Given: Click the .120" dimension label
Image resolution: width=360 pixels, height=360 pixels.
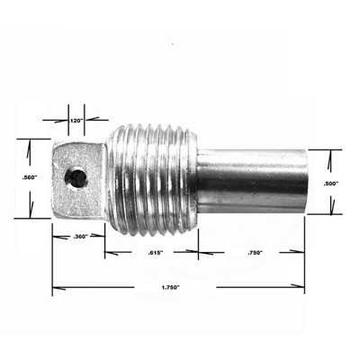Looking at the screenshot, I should point(76,120).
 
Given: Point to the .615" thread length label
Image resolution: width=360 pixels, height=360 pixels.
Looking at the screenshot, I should point(154,254).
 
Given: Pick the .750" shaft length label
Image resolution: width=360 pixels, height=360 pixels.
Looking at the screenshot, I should point(256,254).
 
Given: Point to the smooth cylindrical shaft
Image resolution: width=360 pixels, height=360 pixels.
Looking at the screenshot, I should point(252,180).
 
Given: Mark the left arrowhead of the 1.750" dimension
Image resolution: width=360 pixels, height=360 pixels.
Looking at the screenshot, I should point(56,288).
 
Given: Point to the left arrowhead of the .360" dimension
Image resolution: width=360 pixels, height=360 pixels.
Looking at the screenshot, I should point(56,237).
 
